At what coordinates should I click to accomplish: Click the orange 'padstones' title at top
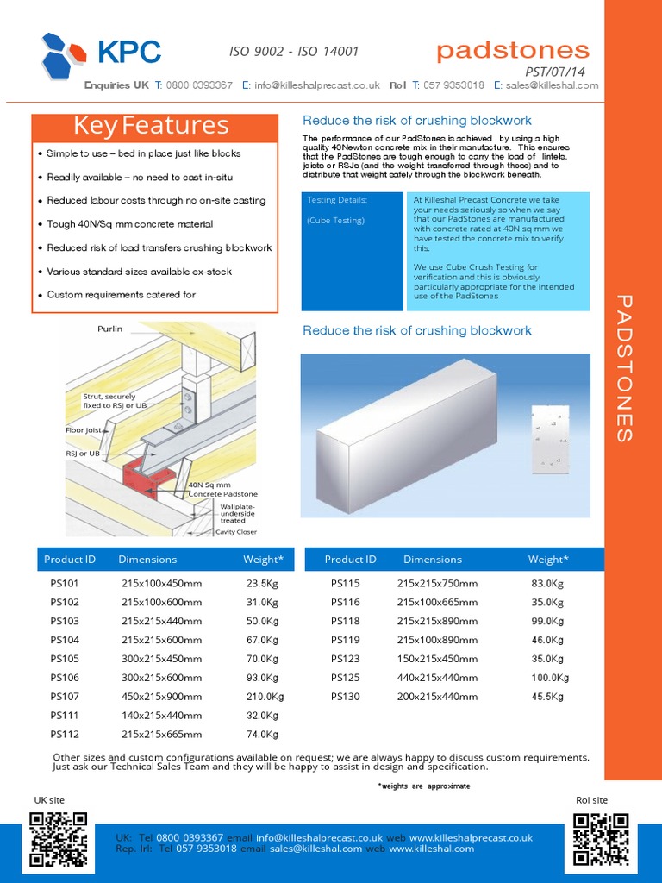click(x=513, y=50)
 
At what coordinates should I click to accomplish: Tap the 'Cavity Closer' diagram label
click(x=235, y=532)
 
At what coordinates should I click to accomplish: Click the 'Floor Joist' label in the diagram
click(x=83, y=429)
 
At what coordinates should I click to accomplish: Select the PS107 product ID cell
click(x=65, y=697)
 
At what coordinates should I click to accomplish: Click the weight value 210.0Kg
click(x=262, y=697)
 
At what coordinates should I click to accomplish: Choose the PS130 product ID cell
click(x=345, y=697)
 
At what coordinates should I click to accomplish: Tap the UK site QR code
click(x=59, y=839)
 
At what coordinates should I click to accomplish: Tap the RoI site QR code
click(x=603, y=839)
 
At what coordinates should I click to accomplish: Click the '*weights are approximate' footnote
click(x=424, y=786)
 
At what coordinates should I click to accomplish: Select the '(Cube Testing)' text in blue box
click(x=335, y=221)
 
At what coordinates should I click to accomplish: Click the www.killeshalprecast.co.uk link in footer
click(x=471, y=837)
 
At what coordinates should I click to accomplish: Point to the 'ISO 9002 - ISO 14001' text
click(x=294, y=52)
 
